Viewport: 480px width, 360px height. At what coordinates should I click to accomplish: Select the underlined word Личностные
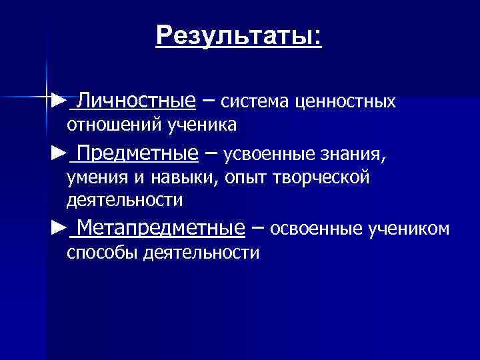tap(136, 101)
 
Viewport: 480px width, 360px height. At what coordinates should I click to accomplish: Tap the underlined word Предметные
tap(137, 155)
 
